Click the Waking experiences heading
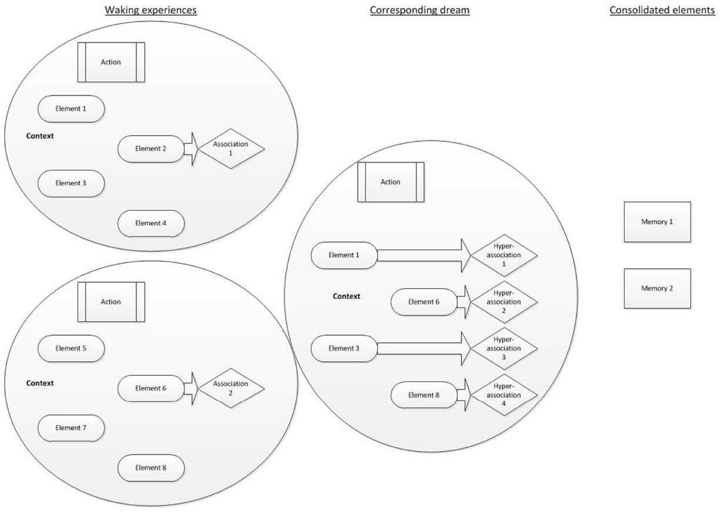tap(150, 10)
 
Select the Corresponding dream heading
tap(419, 10)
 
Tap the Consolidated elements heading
tap(662, 10)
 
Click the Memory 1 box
tap(657, 222)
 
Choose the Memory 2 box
tap(657, 288)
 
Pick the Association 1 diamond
tap(231, 149)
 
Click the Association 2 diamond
tap(231, 388)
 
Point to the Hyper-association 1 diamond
tap(504, 255)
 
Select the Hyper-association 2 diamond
tap(504, 302)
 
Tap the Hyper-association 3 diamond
tap(504, 348)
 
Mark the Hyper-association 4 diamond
tap(504, 395)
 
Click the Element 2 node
tap(151, 149)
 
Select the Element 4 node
tap(151, 223)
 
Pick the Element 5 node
tap(71, 348)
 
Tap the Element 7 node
tap(71, 428)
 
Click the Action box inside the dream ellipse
tap(391, 182)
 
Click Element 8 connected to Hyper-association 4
tap(424, 395)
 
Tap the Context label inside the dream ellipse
tap(346, 297)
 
